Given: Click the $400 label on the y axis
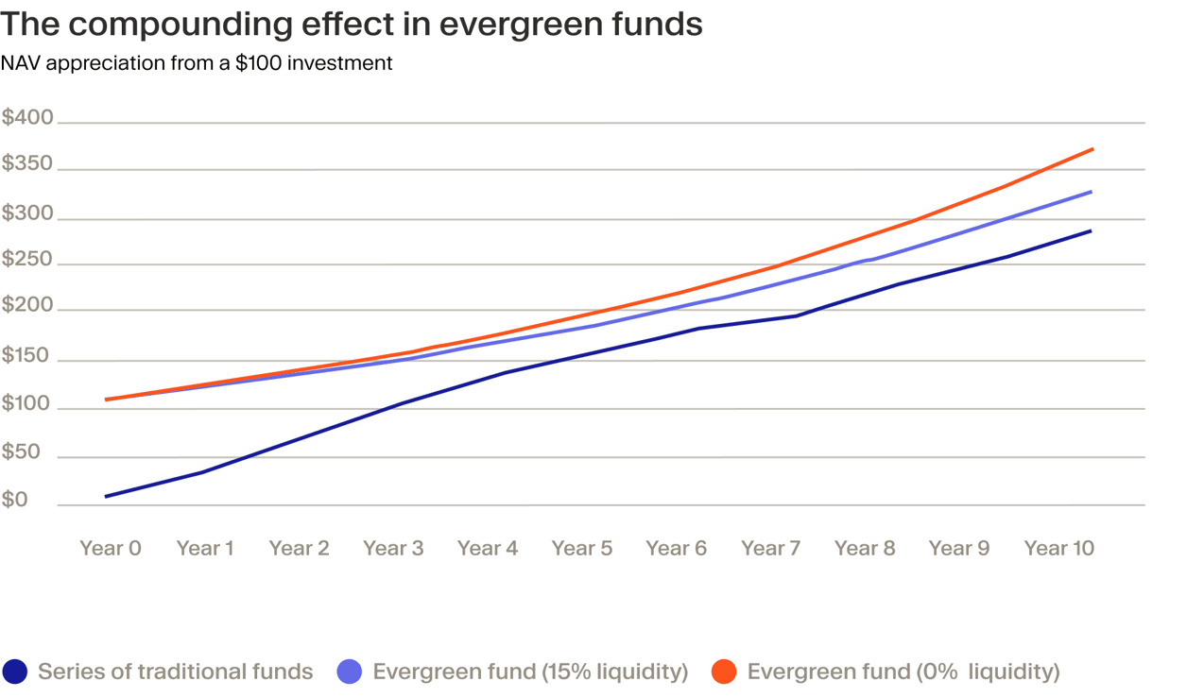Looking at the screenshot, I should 27,119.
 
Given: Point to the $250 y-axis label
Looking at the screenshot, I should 27,260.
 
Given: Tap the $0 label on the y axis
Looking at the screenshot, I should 15,501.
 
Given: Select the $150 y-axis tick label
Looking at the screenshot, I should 27,356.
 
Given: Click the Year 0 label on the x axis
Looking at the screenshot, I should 111,549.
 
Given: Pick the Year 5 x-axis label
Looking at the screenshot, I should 582,549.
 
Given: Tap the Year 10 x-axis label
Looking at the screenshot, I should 1058,549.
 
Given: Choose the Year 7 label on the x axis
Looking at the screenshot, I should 771,549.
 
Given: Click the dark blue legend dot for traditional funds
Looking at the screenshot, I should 15,672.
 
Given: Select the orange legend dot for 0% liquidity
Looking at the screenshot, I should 724,672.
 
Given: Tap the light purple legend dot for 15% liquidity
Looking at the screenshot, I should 350,672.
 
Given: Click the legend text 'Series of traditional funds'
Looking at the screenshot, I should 175,672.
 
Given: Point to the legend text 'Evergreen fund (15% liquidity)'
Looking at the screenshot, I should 530,672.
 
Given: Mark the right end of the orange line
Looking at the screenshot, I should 1092,149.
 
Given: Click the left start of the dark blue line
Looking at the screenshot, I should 106,496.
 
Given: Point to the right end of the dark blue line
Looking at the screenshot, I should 1092,230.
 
